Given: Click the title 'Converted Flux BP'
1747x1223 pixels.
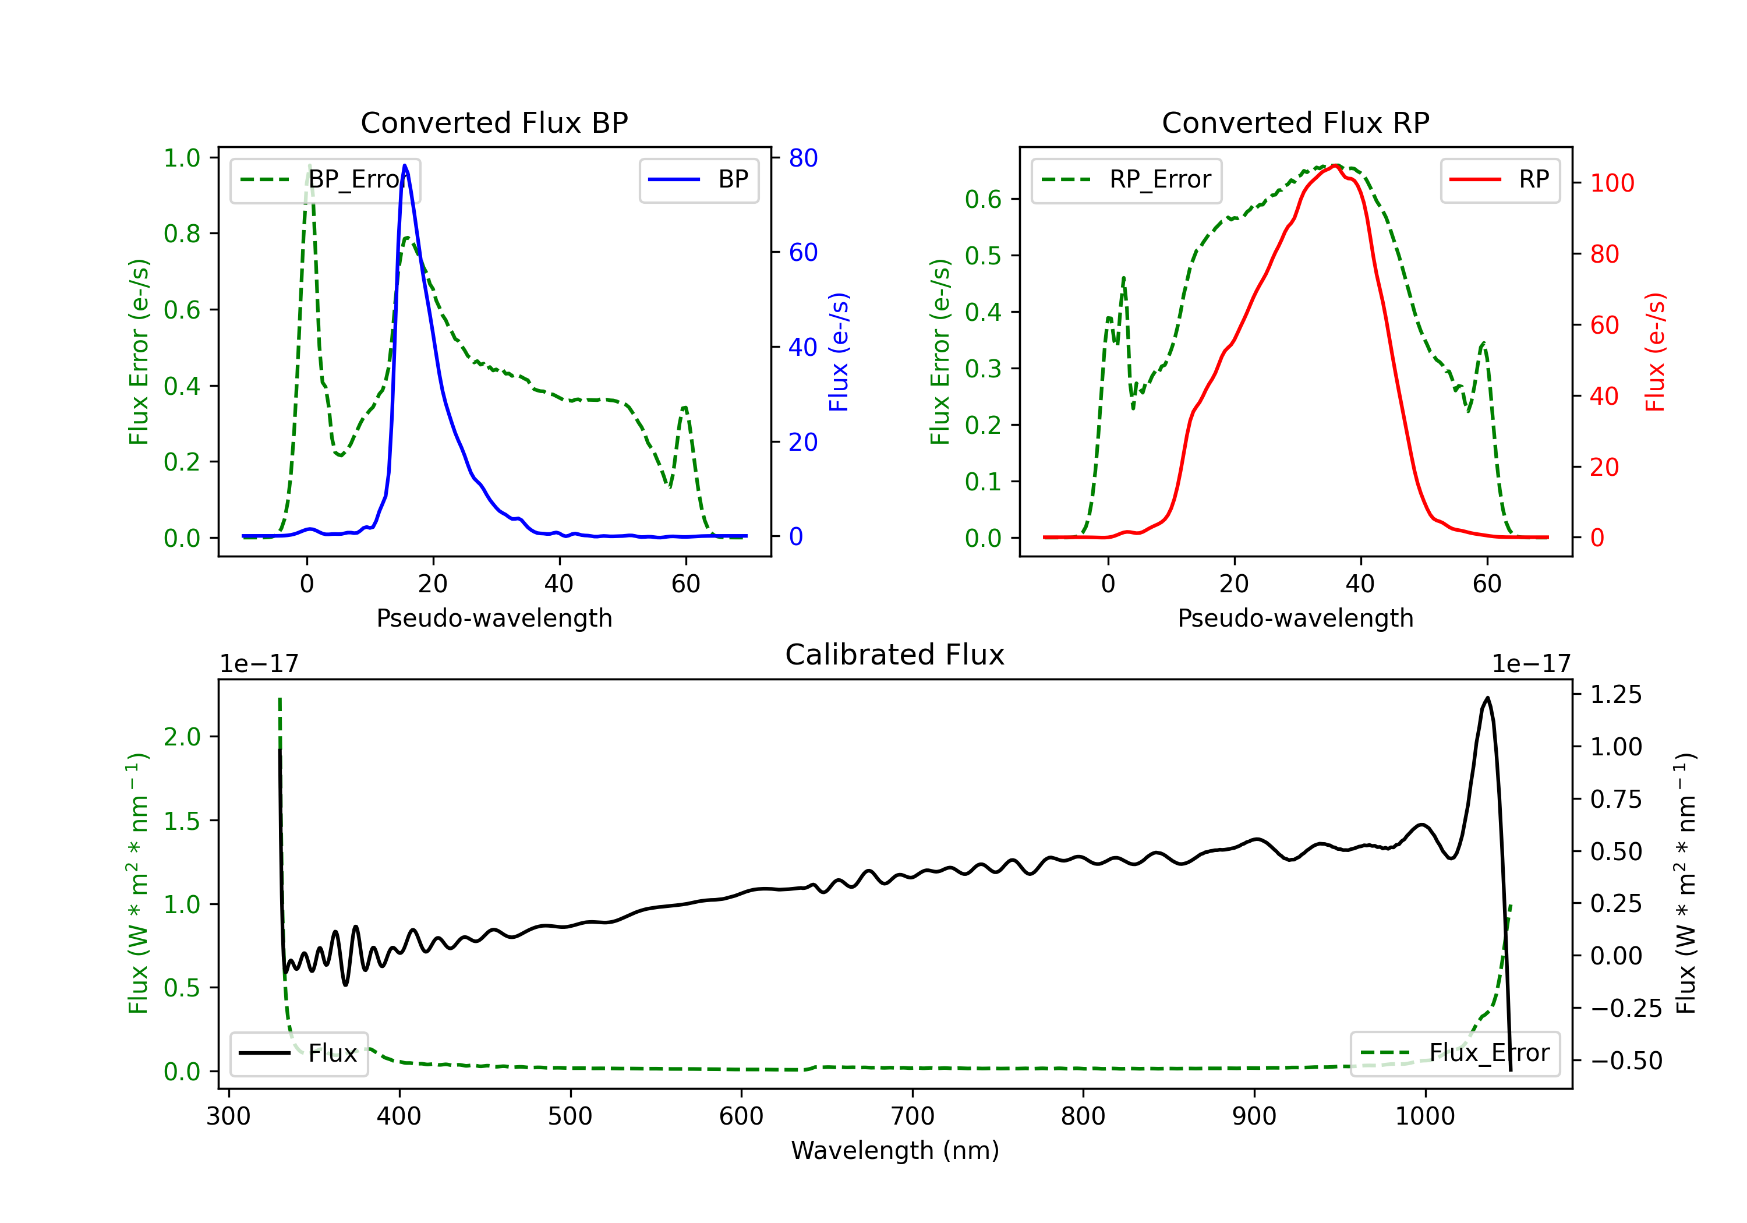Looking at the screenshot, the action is click(494, 122).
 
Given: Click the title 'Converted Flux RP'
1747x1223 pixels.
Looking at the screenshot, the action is click(1295, 122).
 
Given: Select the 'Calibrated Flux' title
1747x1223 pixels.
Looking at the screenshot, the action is click(895, 655).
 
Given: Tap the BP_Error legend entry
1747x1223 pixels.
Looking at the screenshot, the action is click(325, 179).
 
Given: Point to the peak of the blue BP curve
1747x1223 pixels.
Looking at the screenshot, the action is click(405, 165).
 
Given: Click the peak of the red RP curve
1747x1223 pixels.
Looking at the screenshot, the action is click(1336, 165).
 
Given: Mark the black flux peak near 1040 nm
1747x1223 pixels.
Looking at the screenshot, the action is click(1487, 697).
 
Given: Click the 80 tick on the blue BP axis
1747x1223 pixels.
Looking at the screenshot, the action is click(802, 158).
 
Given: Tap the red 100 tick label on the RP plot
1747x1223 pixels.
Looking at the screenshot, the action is click(1611, 183).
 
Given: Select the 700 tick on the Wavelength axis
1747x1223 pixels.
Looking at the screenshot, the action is click(913, 1116).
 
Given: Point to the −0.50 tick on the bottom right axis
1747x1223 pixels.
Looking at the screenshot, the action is click(1626, 1060).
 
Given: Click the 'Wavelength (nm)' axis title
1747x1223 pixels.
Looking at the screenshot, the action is click(895, 1150).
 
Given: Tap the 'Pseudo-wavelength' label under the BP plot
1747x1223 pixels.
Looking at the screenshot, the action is click(494, 618).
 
